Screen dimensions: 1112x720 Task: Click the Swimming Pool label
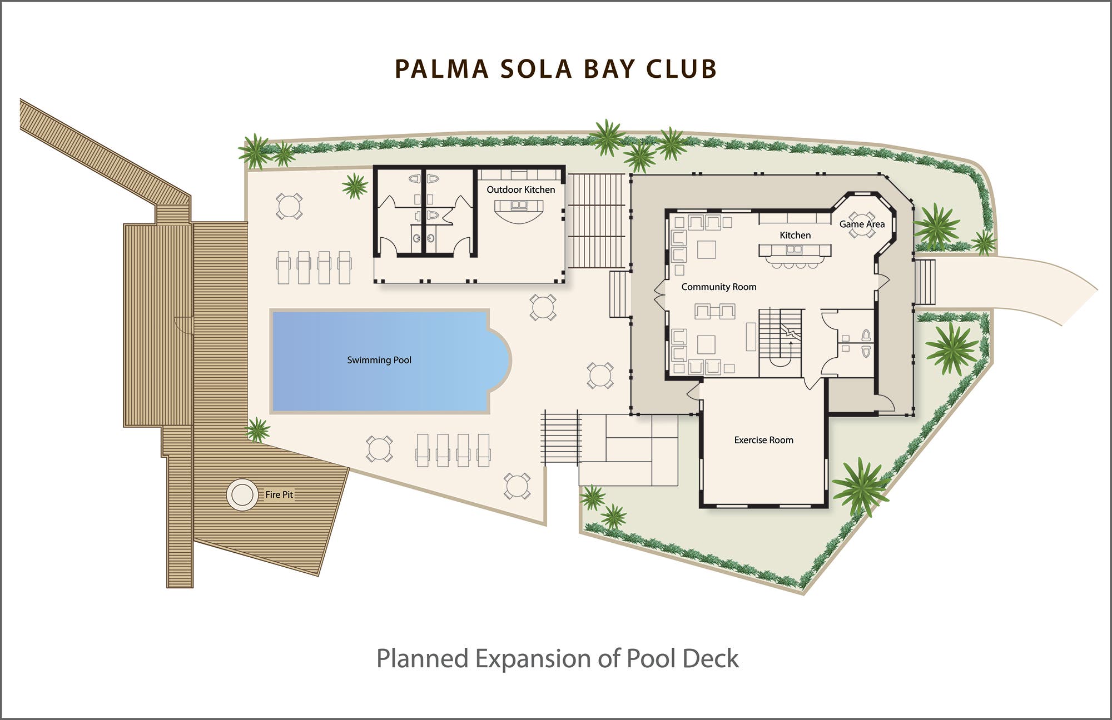(379, 360)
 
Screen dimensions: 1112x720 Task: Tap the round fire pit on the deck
(242, 494)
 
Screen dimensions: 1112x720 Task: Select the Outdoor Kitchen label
(521, 189)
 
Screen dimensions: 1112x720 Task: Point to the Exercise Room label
(763, 440)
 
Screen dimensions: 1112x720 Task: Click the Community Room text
(719, 287)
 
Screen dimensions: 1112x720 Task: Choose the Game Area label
(862, 224)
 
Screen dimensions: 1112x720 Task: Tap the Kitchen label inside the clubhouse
(795, 235)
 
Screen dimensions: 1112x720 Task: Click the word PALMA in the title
(441, 69)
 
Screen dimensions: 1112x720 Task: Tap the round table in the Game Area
(861, 224)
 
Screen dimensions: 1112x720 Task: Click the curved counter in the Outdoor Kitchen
(519, 211)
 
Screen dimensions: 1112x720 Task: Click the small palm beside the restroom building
(355, 186)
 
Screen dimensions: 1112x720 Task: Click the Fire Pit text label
(279, 494)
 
